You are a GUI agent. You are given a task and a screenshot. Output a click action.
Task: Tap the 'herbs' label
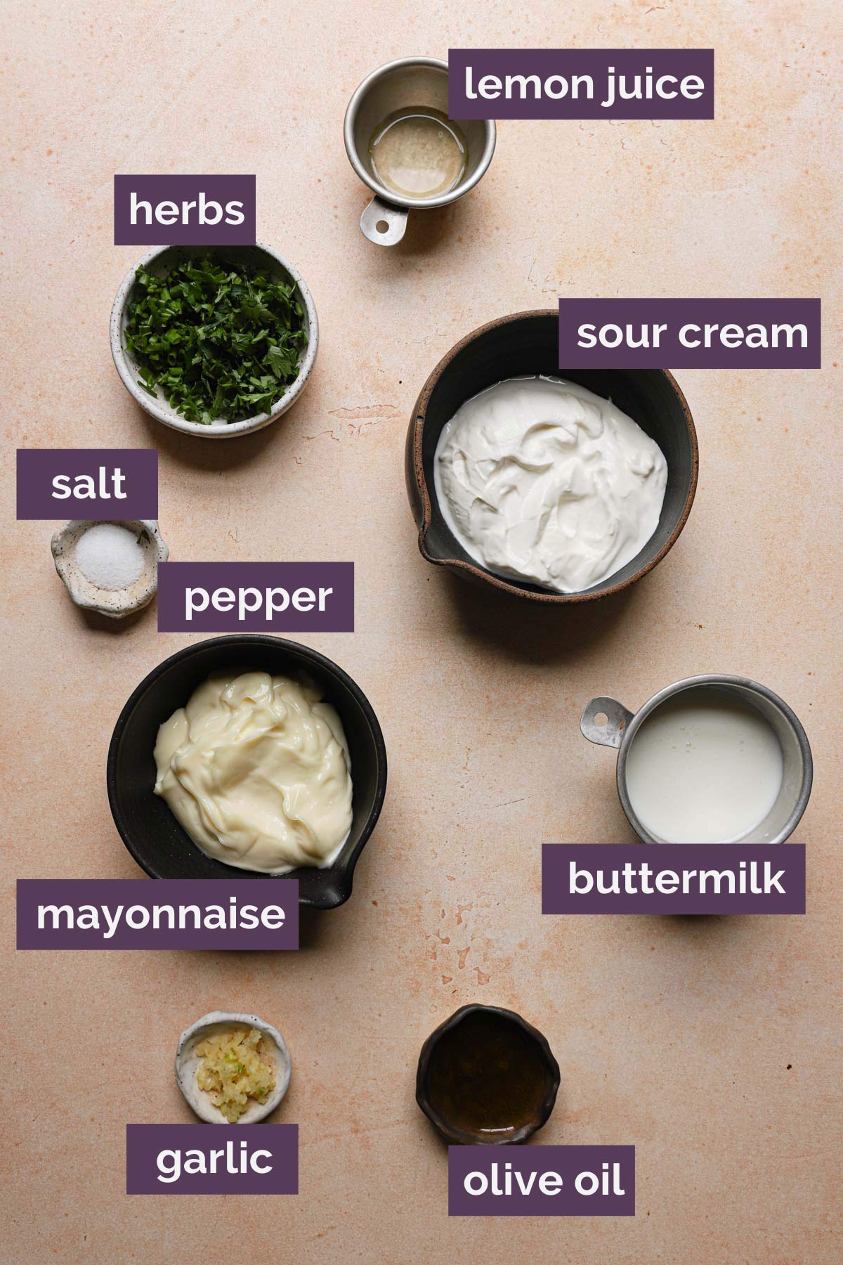tap(185, 209)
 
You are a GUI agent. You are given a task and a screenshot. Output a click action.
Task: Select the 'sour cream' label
tap(690, 333)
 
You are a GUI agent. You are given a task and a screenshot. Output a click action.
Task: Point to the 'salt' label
tap(88, 484)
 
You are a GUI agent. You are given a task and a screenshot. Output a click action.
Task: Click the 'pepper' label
tap(256, 597)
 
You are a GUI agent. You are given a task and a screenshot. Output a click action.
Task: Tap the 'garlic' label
tap(212, 1159)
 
